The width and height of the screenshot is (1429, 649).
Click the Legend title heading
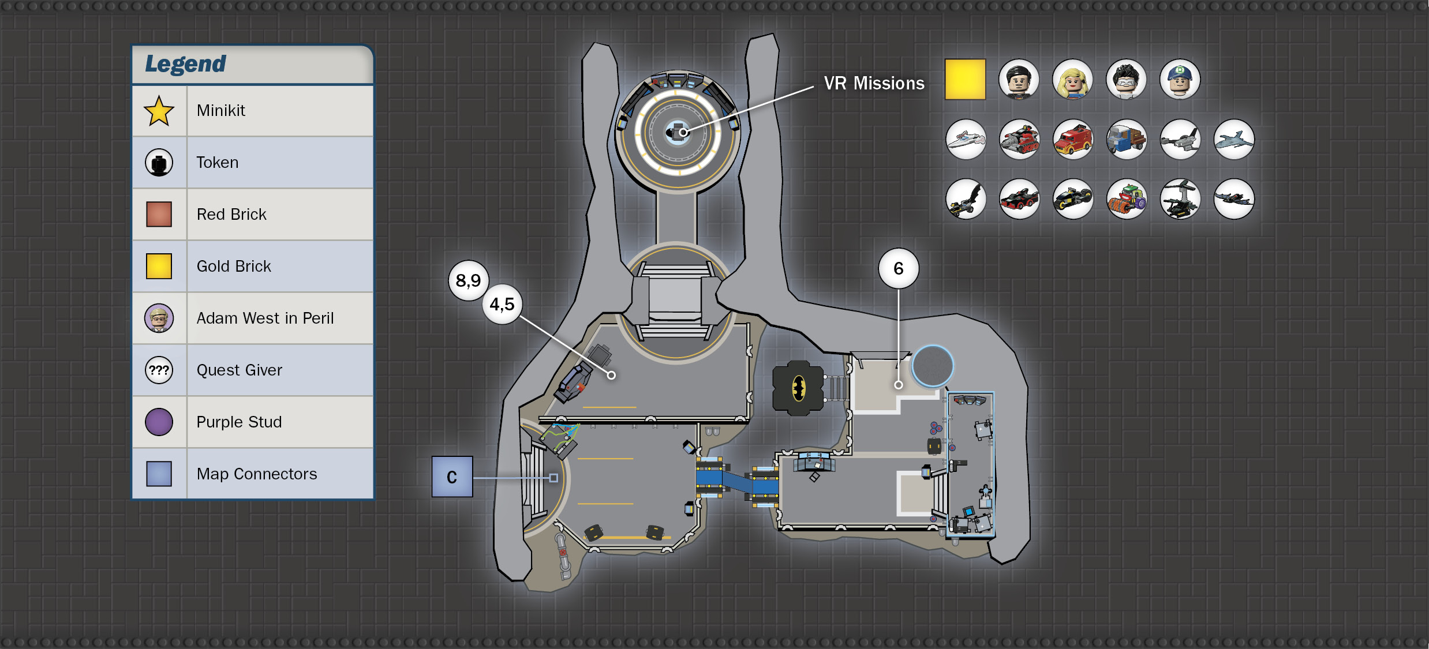[185, 64]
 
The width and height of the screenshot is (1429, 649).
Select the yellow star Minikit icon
[159, 111]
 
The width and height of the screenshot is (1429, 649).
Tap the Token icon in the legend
[159, 163]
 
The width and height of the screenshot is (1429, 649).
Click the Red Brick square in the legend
[159, 214]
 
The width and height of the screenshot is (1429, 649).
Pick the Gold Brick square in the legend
[159, 266]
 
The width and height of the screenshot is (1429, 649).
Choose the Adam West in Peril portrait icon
[159, 318]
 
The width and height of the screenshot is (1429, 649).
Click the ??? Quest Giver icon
[159, 370]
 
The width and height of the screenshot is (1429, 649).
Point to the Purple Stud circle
[159, 422]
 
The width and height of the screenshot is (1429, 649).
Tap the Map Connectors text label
[257, 474]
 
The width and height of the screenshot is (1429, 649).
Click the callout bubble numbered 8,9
[469, 280]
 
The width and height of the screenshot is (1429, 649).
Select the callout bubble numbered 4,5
[502, 304]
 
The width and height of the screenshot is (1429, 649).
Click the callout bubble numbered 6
[899, 268]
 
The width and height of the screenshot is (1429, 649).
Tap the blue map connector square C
[452, 477]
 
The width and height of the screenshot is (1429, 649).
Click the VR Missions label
[874, 84]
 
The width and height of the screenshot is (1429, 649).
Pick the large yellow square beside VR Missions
[965, 79]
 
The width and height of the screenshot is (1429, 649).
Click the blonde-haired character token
[1072, 79]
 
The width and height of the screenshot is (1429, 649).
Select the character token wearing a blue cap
[1180, 79]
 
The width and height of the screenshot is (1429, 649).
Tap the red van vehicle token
[1072, 139]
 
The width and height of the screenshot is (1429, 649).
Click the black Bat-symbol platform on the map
[798, 388]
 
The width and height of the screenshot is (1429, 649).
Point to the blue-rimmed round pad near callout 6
[933, 366]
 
